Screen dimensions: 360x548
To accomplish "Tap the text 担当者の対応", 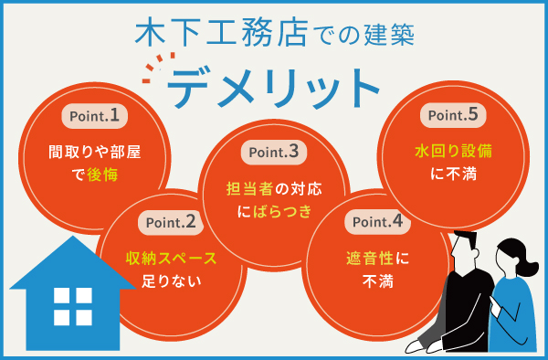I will (274, 189).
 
